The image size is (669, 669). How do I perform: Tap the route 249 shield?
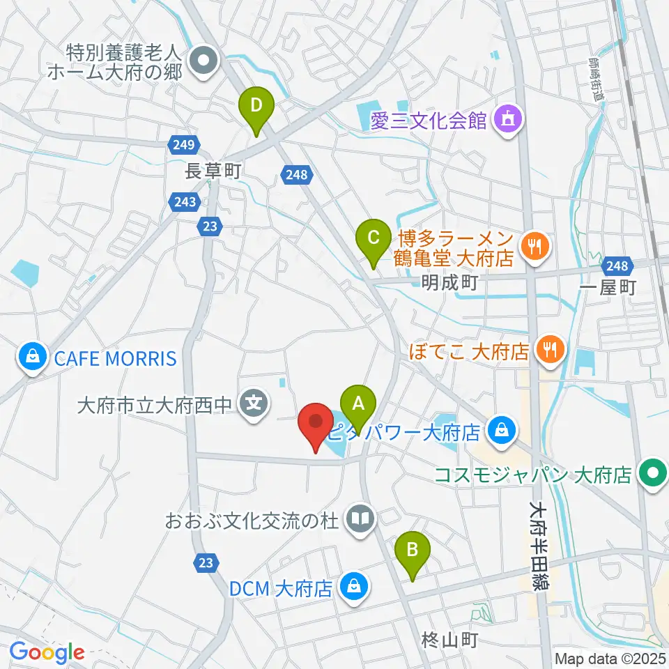[181, 145]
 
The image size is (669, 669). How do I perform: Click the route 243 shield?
[181, 201]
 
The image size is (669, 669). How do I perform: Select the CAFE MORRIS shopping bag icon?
[32, 358]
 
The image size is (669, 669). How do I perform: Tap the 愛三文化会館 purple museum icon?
[507, 121]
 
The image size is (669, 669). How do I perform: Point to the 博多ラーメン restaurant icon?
[535, 246]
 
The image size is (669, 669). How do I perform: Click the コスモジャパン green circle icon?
[653, 475]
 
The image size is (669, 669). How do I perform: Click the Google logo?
[47, 652]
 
